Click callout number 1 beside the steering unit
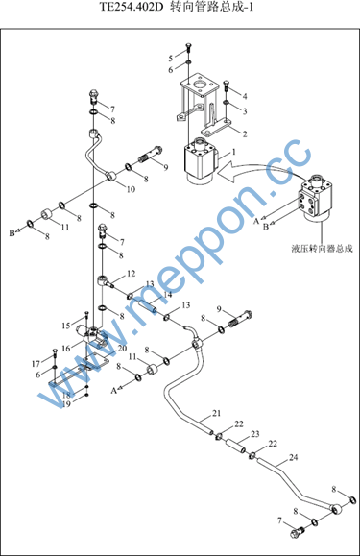(x=234, y=152)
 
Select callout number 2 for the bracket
(x=245, y=134)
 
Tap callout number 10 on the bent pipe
(x=131, y=189)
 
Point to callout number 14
(x=168, y=294)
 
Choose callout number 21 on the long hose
(x=216, y=413)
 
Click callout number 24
(x=294, y=457)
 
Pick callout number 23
(x=255, y=434)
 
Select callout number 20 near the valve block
(x=122, y=349)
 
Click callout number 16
(x=66, y=349)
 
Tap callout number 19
(x=66, y=404)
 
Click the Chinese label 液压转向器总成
(x=323, y=248)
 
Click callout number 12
(x=132, y=274)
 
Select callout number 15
(x=66, y=326)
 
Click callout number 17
(x=36, y=364)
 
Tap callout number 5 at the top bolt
(x=171, y=59)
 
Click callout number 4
(x=245, y=96)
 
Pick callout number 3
(x=245, y=111)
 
